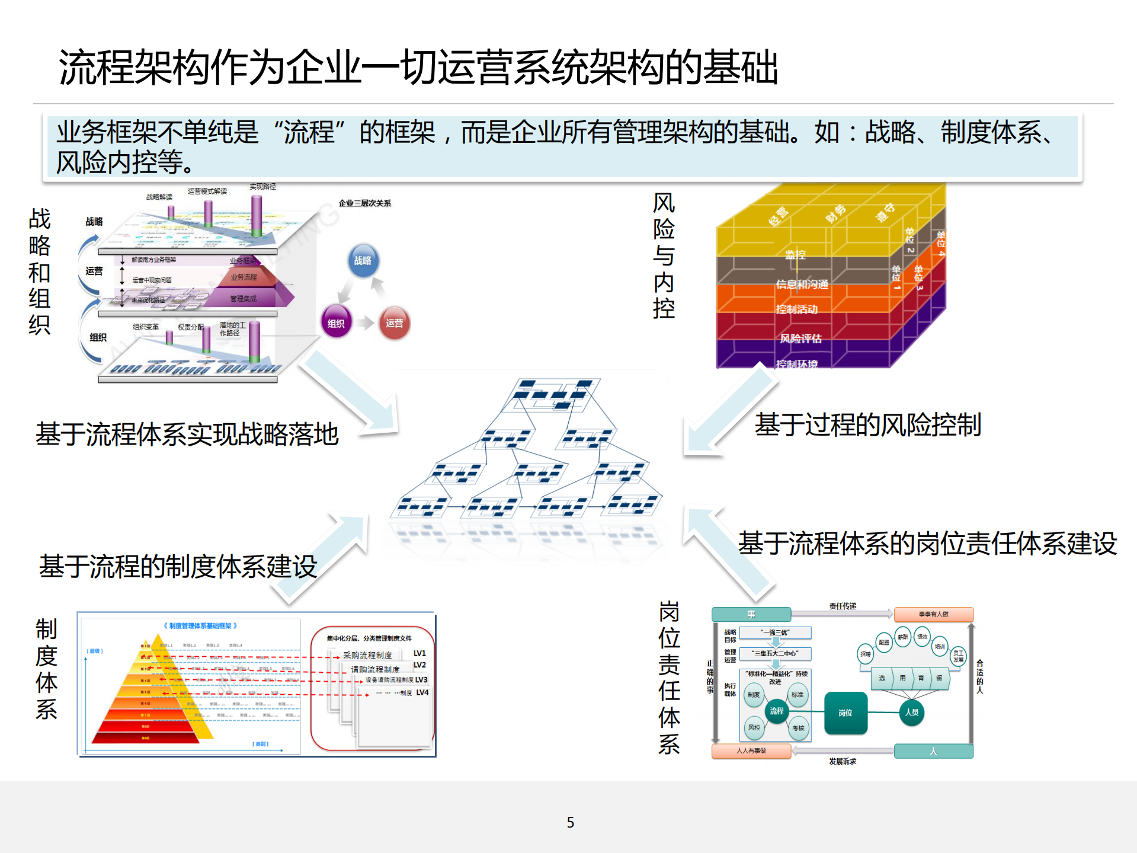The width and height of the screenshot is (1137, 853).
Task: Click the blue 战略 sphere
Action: point(363,261)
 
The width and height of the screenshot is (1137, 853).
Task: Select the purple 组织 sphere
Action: point(336,323)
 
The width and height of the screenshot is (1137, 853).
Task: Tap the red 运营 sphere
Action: point(394,323)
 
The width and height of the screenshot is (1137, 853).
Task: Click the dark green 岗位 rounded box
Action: point(845,713)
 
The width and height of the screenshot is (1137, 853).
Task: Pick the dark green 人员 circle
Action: point(911,712)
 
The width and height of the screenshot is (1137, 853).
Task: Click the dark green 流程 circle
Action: point(776,711)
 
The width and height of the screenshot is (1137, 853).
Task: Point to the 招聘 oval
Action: point(866,654)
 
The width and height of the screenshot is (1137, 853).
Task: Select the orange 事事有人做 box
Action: point(933,614)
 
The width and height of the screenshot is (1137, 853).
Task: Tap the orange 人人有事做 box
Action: point(751,751)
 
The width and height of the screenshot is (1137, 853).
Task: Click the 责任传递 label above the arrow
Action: point(843,606)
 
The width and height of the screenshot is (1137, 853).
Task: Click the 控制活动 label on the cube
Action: point(797,309)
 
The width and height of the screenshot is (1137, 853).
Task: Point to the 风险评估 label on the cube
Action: point(800,338)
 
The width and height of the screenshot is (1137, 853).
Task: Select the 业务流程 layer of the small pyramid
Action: point(244,277)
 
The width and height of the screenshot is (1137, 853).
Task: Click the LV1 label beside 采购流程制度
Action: point(419,653)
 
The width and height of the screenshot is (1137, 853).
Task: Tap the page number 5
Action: point(570,822)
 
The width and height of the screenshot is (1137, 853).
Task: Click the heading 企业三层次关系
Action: point(364,203)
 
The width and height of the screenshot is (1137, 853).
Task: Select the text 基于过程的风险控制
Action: point(867,425)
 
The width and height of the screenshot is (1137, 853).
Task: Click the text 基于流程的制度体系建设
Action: point(178,567)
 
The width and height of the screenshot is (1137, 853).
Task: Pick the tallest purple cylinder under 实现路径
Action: point(257,216)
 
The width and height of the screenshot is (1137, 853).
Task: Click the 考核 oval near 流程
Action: point(798,728)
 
